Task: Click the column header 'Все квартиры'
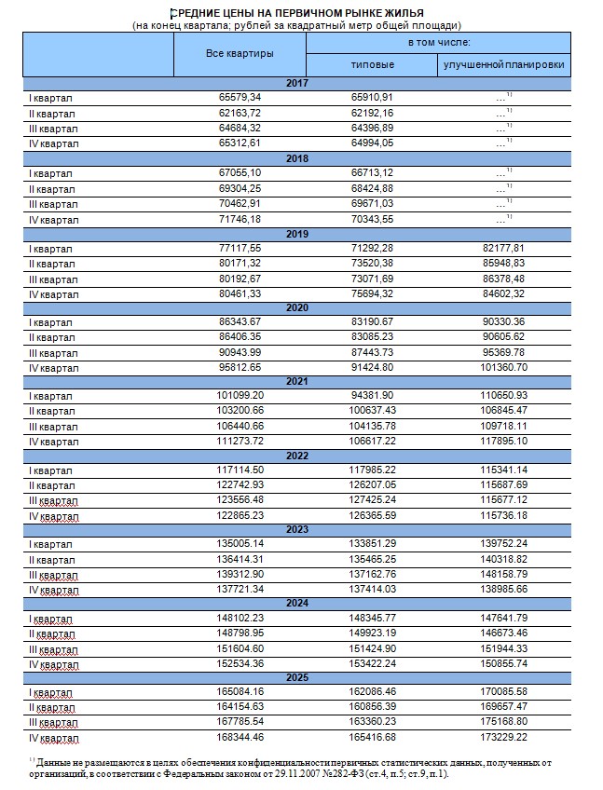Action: pyautogui.click(x=240, y=54)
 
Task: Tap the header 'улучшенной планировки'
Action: pyautogui.click(x=504, y=65)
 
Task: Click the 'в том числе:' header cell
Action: pyautogui.click(x=438, y=43)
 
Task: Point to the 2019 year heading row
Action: pyautogui.click(x=297, y=233)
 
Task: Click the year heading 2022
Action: pyautogui.click(x=297, y=454)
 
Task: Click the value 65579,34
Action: pyautogui.click(x=240, y=97)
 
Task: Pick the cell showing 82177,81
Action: pyautogui.click(x=504, y=249)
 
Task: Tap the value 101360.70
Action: pyautogui.click(x=504, y=367)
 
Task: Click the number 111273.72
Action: pyautogui.click(x=240, y=441)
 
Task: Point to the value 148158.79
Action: pyautogui.click(x=504, y=575)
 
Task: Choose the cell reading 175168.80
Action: pyautogui.click(x=504, y=722)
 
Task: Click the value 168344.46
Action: pyautogui.click(x=240, y=738)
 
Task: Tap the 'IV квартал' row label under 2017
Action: pyautogui.click(x=55, y=143)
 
